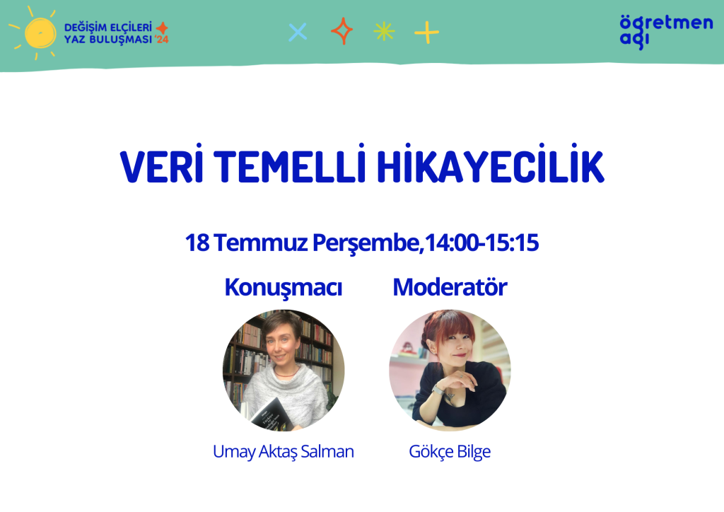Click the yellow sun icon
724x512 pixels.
pyautogui.click(x=40, y=33)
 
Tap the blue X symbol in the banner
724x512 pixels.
pyautogui.click(x=298, y=33)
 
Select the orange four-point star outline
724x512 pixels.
pyautogui.click(x=341, y=31)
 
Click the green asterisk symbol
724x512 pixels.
pyautogui.click(x=384, y=32)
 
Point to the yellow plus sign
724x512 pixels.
pyautogui.click(x=426, y=33)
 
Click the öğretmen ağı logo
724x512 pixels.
pyautogui.click(x=666, y=31)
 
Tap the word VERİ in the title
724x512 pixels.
pyautogui.click(x=162, y=165)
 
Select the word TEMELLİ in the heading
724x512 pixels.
pyautogui.click(x=289, y=165)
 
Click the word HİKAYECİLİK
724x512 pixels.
pyautogui.click(x=491, y=165)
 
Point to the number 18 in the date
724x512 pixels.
pyautogui.click(x=197, y=243)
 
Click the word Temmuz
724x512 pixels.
pyautogui.click(x=260, y=243)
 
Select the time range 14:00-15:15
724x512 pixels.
pyautogui.click(x=481, y=243)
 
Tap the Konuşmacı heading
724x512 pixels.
pyautogui.click(x=283, y=288)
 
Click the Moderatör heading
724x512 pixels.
pyautogui.click(x=450, y=287)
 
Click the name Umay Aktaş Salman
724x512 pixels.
pyautogui.click(x=283, y=451)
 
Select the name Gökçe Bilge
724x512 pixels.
pyautogui.click(x=450, y=451)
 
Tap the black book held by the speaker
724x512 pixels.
pyautogui.click(x=271, y=415)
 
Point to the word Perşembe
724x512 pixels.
pyautogui.click(x=366, y=243)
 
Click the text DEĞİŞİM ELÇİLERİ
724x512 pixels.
pyautogui.click(x=108, y=28)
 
